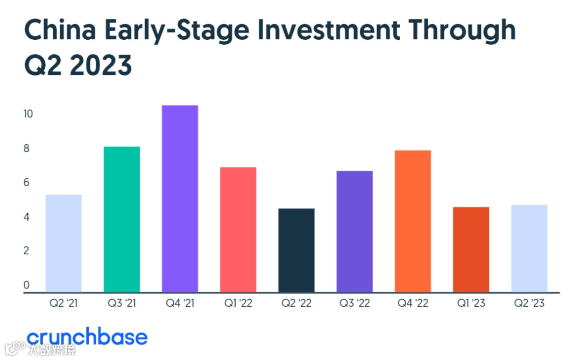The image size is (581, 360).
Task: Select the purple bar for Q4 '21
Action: (180, 199)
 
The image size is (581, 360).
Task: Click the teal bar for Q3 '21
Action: (122, 220)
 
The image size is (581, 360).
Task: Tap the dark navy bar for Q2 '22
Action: (296, 250)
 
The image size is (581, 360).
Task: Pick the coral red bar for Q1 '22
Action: (238, 230)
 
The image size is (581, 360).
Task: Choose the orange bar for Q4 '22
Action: (413, 221)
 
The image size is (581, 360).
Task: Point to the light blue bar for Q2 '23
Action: (529, 249)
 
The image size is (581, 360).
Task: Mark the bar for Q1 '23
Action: (471, 250)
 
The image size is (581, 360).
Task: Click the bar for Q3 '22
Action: (355, 232)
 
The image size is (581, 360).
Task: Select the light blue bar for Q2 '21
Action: (63, 243)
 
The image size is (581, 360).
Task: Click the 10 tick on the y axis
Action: (28, 114)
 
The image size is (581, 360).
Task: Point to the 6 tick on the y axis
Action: (26, 182)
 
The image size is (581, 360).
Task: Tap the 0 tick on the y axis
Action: (26, 285)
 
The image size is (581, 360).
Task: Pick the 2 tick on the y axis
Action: (26, 251)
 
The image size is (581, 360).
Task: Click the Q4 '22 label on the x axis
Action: (413, 303)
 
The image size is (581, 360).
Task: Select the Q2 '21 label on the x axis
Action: (63, 303)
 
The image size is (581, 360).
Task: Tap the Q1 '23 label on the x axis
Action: (471, 303)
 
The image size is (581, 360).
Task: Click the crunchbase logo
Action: (87, 337)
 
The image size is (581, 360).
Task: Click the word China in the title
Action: (60, 30)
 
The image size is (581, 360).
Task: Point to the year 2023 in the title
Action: (101, 65)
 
